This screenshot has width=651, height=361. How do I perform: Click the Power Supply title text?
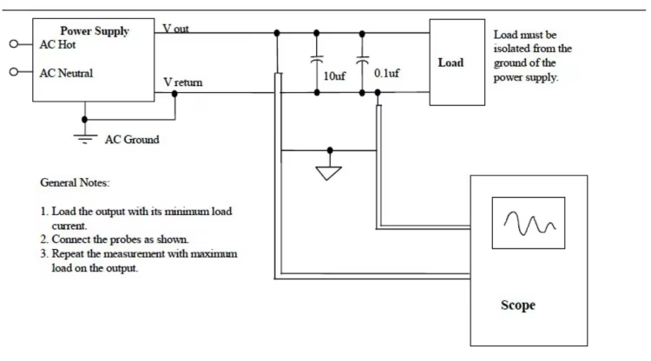point(95,31)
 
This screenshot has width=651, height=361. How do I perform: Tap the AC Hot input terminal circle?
point(14,43)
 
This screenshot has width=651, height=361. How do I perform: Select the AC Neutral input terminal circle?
point(14,72)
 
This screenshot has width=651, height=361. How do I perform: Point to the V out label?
point(175,29)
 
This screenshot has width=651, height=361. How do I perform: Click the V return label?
point(183,82)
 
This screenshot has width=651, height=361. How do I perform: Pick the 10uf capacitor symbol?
point(317,59)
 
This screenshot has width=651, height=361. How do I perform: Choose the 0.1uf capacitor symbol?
point(363,60)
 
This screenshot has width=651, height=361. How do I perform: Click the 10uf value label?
point(334,76)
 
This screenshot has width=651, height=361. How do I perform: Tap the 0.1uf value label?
point(386,73)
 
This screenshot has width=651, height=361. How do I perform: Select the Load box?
point(457,62)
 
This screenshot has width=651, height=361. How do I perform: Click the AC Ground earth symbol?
point(85,139)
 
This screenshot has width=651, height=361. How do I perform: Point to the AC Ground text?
point(132,140)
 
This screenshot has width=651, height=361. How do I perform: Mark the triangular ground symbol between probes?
point(328,173)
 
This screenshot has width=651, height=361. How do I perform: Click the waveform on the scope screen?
point(529,223)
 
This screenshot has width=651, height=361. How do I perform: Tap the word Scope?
point(517,305)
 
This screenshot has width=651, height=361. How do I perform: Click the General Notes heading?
point(75,182)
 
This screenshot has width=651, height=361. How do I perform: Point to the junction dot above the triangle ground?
point(330,150)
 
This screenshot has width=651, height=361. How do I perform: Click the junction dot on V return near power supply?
point(174,94)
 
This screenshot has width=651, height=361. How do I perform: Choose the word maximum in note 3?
point(214,254)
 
